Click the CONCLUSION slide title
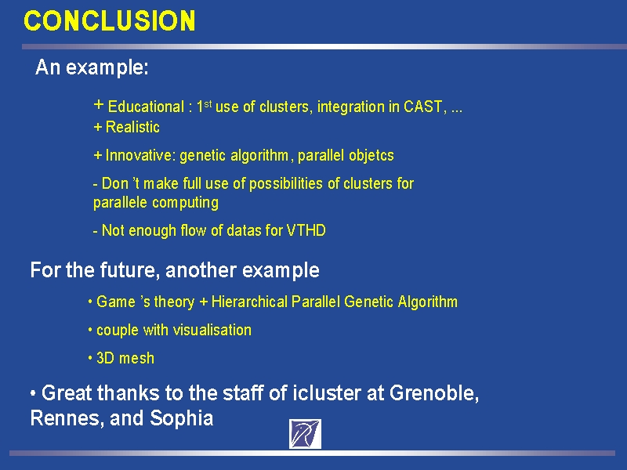[110, 21]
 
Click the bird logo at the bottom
[305, 434]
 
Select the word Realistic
[132, 127]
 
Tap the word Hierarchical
[249, 302]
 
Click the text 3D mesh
[125, 358]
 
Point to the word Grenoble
[434, 393]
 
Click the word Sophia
[182, 418]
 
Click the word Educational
[146, 107]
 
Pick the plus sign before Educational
[99, 105]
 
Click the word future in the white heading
[130, 270]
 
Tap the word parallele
[121, 203]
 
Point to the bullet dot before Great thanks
[33, 393]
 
